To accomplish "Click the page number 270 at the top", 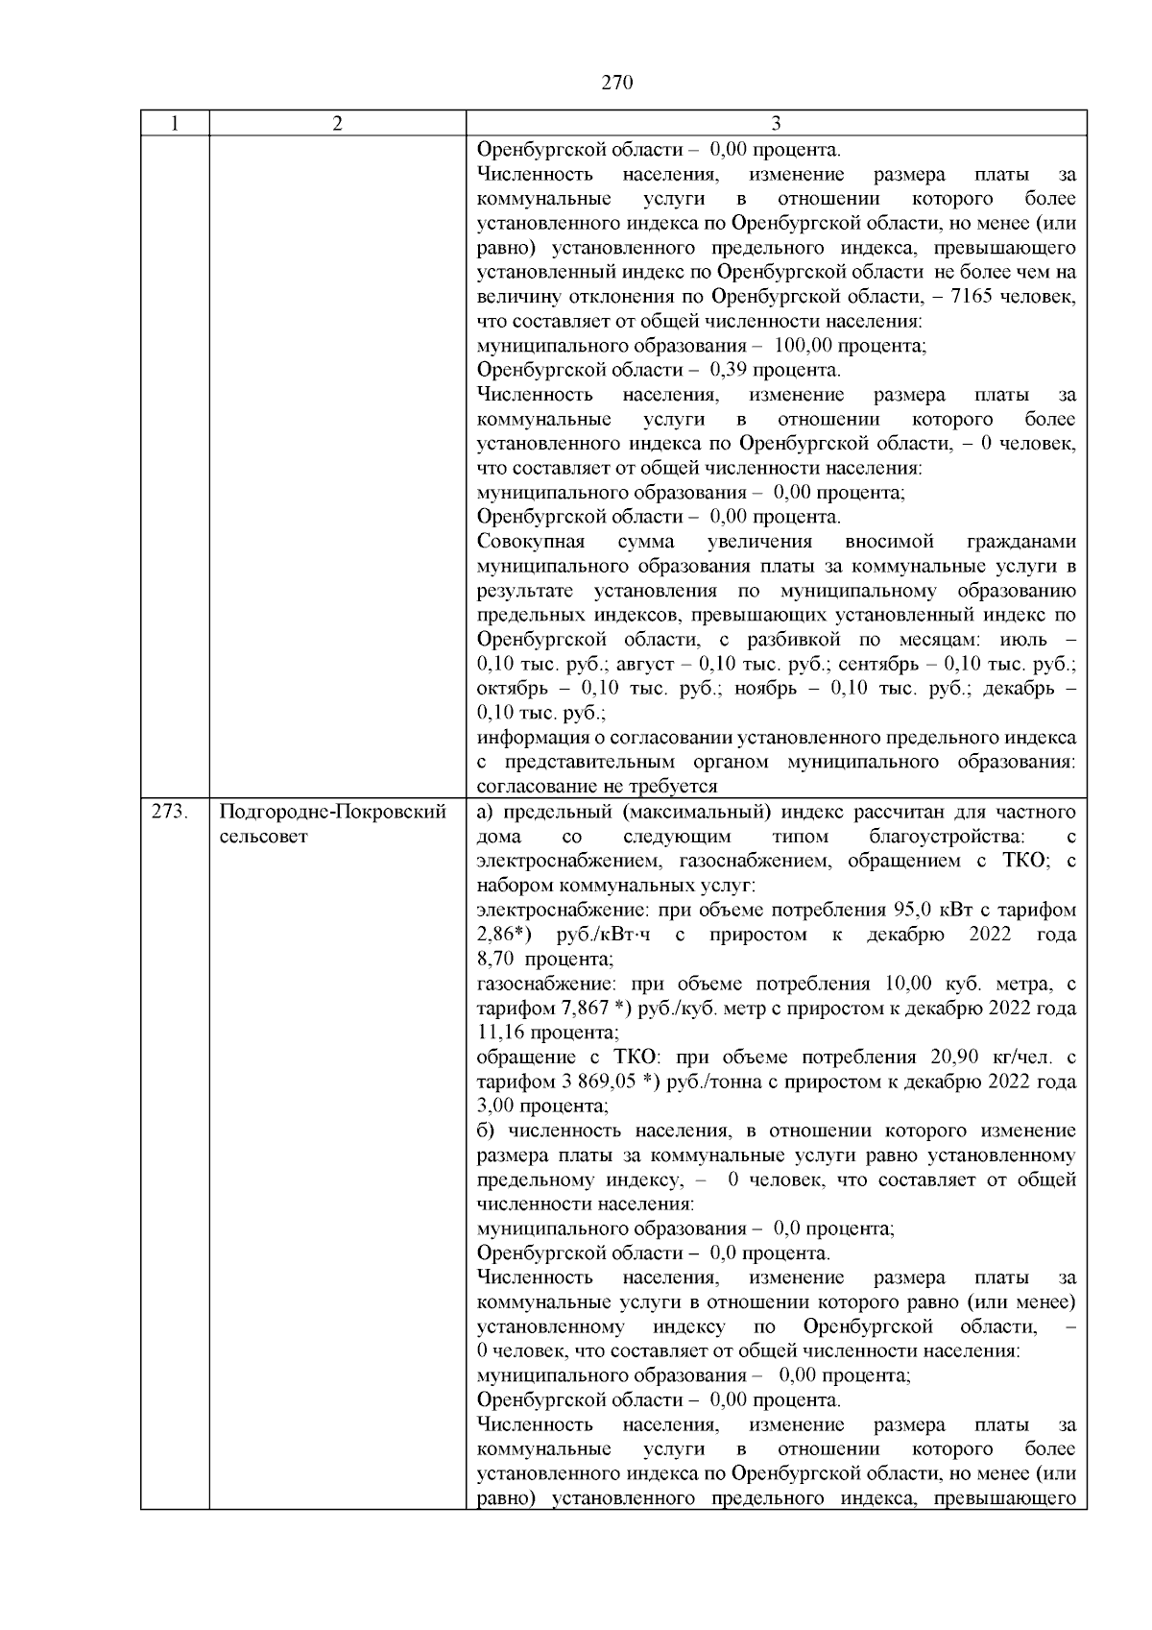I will click(617, 83).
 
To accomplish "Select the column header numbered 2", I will click(337, 124).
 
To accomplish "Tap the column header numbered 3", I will click(776, 124).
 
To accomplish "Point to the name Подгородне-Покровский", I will click(333, 812).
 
